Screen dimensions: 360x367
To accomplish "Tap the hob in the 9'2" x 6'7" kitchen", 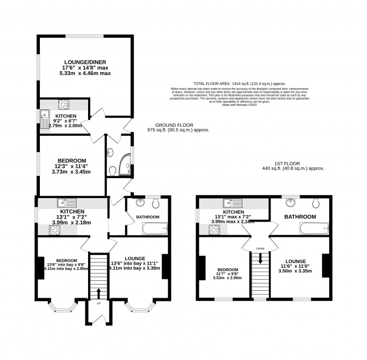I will (63, 104).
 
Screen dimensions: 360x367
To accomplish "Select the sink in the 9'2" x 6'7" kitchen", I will (43, 115).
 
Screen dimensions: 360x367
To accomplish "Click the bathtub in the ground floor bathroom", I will (155, 228).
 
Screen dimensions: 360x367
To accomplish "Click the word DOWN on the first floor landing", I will (260, 248).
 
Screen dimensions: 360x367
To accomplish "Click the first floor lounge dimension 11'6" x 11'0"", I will (299, 266).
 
